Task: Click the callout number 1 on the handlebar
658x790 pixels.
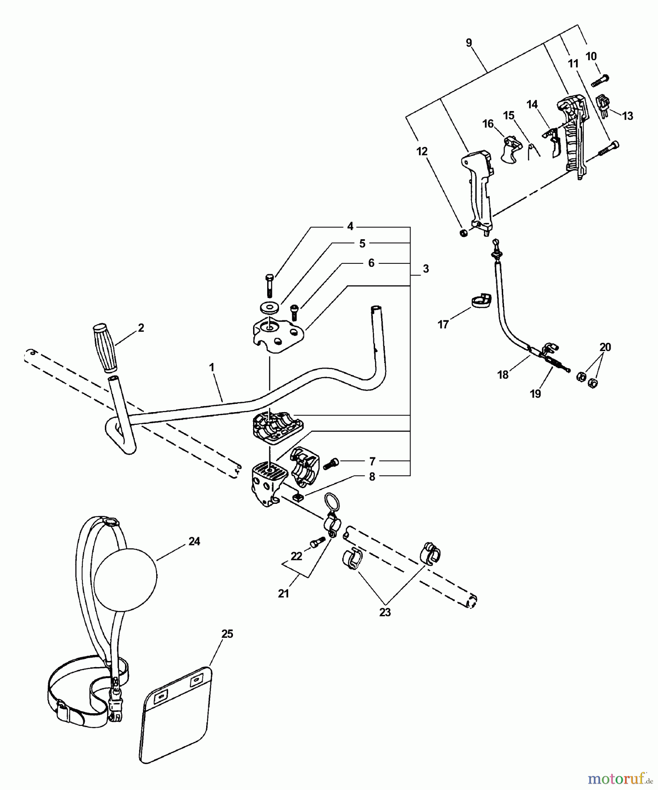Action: [x=212, y=367]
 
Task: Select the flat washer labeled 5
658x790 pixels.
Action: [x=269, y=307]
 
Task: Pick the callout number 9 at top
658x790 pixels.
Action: [x=469, y=43]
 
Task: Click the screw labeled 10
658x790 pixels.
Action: [x=600, y=81]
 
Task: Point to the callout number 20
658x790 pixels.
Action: [x=605, y=347]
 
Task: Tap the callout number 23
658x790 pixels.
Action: [x=385, y=612]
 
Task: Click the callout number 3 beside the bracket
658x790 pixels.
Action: [x=426, y=269]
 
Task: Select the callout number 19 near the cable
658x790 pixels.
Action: [x=535, y=394]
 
